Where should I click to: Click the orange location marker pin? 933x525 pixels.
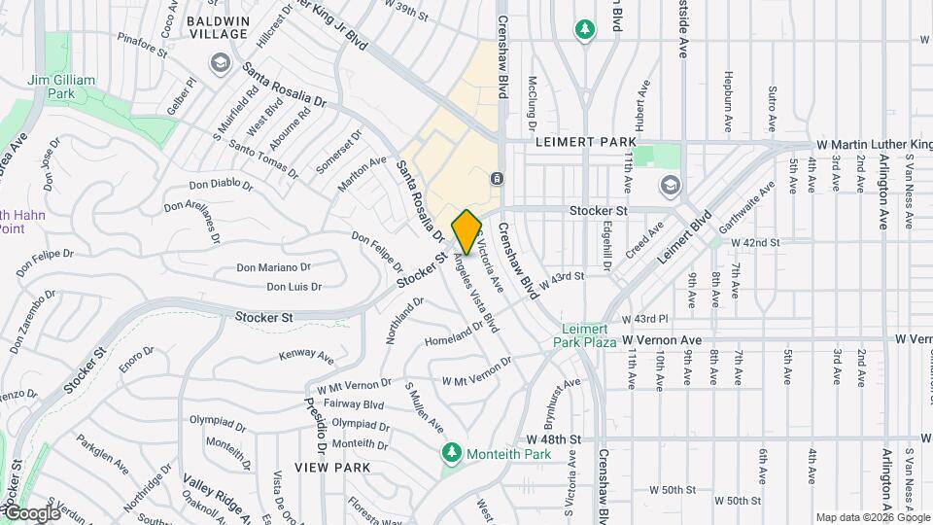tap(466, 231)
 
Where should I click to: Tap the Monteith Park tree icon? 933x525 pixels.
tap(451, 453)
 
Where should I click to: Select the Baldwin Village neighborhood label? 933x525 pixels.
tap(217, 26)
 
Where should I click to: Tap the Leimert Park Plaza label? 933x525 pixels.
tap(586, 336)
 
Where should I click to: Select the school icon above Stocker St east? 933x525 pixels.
tap(669, 185)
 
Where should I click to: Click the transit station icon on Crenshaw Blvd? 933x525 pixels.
tap(497, 178)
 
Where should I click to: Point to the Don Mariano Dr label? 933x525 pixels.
tap(273, 267)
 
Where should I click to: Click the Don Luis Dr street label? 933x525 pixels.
tap(294, 287)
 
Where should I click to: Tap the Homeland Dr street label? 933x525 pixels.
tap(453, 333)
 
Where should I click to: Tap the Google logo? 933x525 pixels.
tap(31, 512)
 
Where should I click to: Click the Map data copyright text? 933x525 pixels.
tap(872, 516)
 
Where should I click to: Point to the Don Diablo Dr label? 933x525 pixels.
tap(221, 185)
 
